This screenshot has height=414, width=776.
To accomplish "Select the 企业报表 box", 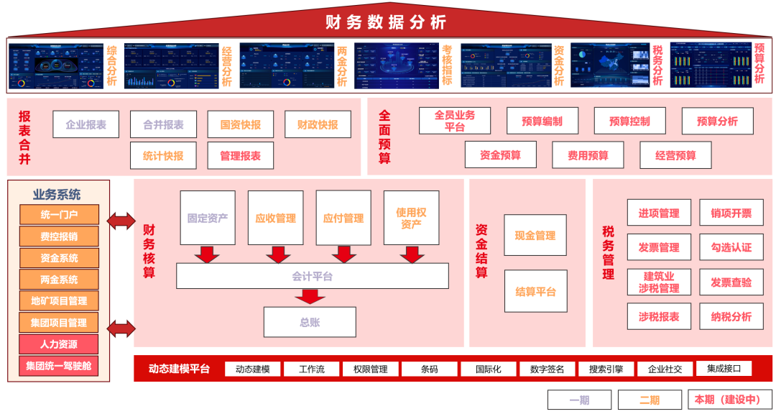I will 86,124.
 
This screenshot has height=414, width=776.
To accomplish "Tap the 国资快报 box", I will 241,124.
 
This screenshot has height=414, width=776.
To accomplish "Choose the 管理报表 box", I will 241,155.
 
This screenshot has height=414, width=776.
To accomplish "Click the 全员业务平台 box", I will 455,121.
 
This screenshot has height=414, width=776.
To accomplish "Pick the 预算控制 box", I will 629,121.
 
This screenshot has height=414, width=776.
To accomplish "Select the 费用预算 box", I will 588,155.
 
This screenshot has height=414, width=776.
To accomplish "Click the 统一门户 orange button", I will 59,214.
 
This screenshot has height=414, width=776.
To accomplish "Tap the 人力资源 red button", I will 59,344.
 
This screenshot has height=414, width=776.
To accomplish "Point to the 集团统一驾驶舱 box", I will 59,366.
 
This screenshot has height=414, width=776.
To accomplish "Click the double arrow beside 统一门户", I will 121,221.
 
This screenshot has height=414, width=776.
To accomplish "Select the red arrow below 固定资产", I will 208,254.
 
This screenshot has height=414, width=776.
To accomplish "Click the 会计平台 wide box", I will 313,276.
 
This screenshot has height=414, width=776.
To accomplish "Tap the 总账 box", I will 310,322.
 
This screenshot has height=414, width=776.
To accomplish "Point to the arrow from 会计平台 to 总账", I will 310,296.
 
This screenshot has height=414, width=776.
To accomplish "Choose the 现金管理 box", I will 535,235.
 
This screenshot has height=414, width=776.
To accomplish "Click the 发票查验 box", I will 731,282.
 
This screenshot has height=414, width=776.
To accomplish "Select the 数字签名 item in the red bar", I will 547,369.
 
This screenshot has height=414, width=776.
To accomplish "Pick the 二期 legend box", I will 650,400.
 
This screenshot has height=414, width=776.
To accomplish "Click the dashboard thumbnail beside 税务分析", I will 609,65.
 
